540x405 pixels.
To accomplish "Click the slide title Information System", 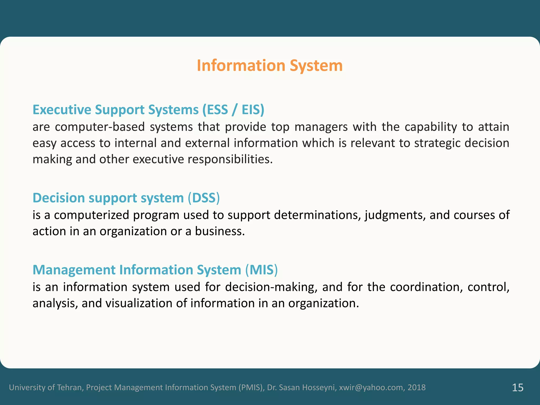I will coord(269,65).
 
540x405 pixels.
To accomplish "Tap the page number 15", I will coord(518,387).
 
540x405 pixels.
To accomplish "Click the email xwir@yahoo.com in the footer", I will coord(371,387).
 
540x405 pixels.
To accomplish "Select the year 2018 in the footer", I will coord(417,387).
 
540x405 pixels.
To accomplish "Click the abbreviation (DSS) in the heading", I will coord(204,198).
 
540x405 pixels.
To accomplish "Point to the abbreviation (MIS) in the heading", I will coord(262,270).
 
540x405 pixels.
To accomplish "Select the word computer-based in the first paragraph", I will coord(100,127).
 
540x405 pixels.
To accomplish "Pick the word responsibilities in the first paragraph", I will coord(229,159).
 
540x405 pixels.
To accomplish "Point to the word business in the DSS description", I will coord(220,231).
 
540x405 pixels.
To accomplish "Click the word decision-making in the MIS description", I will coord(271,287).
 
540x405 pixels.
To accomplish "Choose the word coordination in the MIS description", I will coord(426,287).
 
